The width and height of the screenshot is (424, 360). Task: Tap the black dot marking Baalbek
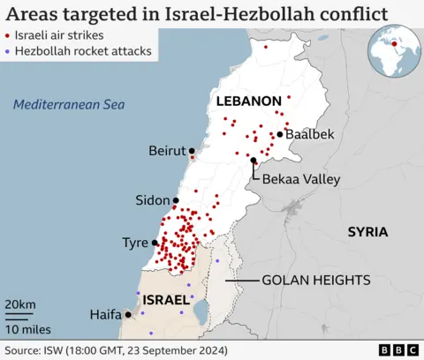[x=280, y=134]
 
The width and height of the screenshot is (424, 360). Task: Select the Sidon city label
[x=153, y=200]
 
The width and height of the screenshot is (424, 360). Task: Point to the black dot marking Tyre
[x=155, y=243]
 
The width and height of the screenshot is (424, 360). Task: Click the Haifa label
[x=105, y=314]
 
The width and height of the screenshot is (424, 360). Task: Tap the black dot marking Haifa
[x=129, y=314]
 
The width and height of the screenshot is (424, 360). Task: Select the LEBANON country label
[x=249, y=101]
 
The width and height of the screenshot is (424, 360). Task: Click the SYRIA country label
[x=367, y=232]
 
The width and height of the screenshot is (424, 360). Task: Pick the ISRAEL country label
[x=167, y=299]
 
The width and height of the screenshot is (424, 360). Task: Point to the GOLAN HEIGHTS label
[x=315, y=280]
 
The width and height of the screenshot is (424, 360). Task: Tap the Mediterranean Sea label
[x=68, y=105]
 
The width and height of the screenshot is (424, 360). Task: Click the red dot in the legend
[x=9, y=37]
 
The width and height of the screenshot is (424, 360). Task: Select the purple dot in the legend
[x=9, y=52]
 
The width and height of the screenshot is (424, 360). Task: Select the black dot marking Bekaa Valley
[x=254, y=161]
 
